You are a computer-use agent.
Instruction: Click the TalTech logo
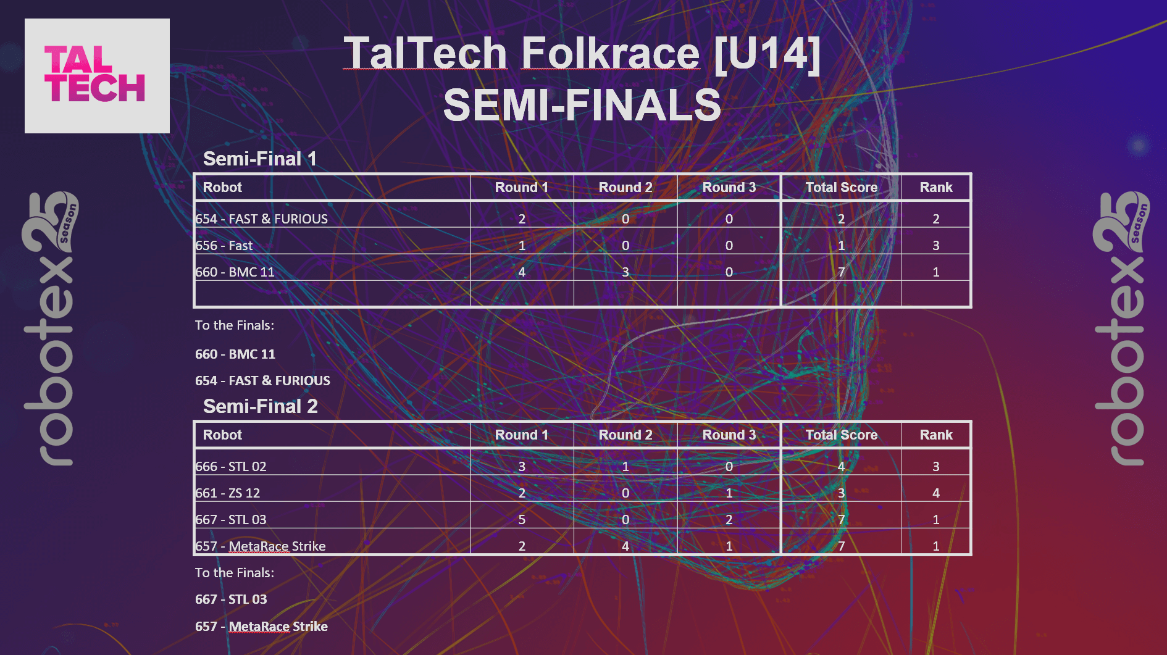(x=97, y=75)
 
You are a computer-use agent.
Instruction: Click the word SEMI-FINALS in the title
(x=582, y=105)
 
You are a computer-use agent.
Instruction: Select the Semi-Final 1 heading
(x=260, y=159)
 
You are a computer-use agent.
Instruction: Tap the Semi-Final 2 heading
(x=261, y=406)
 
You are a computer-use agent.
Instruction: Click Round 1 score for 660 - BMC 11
(x=522, y=272)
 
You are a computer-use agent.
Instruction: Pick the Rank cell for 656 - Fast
(x=936, y=245)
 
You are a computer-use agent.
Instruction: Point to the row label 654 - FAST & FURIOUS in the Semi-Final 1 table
(x=262, y=219)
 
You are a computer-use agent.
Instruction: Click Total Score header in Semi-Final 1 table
(x=842, y=187)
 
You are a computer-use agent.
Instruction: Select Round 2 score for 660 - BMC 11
(x=625, y=272)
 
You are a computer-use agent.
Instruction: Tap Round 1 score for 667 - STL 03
(x=522, y=519)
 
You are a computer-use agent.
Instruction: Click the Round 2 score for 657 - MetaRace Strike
(x=625, y=546)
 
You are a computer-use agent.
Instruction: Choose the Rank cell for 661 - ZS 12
(x=936, y=493)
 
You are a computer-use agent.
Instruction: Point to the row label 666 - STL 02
(x=231, y=466)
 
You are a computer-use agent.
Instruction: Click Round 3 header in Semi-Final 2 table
(x=729, y=435)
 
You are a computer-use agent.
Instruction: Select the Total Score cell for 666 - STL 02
(x=841, y=466)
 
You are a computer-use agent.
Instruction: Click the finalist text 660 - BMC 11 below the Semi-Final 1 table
(x=235, y=354)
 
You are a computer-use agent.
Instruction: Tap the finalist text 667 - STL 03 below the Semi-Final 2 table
(x=231, y=599)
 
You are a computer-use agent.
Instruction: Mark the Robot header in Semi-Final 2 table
(x=222, y=435)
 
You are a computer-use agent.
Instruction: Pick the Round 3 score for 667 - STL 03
(x=729, y=519)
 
